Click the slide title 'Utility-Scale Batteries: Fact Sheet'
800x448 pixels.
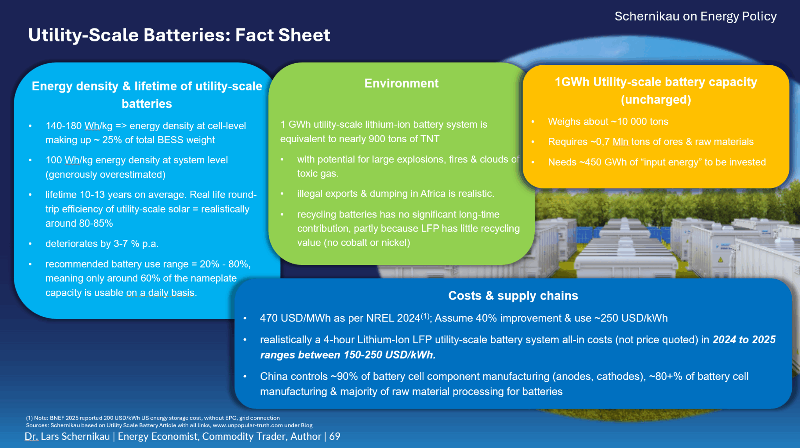pyautogui.click(x=179, y=35)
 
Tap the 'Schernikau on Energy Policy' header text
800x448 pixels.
pyautogui.click(x=695, y=16)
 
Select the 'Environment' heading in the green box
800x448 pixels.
pyautogui.click(x=401, y=83)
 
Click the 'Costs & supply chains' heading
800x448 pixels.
pyautogui.click(x=513, y=296)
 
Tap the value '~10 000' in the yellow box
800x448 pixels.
pyautogui.click(x=633, y=121)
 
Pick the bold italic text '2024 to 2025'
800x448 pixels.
pyautogui.click(x=744, y=340)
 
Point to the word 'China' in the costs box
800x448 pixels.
pyautogui.click(x=274, y=377)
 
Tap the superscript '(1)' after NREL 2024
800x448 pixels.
pyautogui.click(x=425, y=316)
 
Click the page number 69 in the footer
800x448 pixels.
pyautogui.click(x=335, y=436)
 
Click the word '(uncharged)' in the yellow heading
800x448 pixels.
pyautogui.click(x=656, y=100)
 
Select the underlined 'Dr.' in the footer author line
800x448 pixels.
pyautogui.click(x=31, y=437)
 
